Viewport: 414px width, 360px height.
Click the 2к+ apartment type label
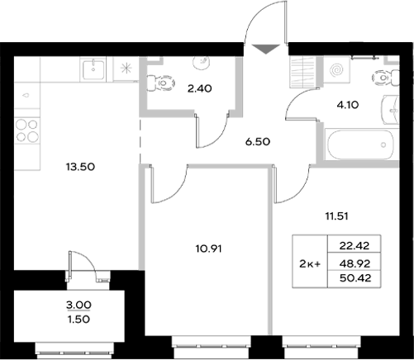coord(311,263)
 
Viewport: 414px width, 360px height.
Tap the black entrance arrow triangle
coord(264,49)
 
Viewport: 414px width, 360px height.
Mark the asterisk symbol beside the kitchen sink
coord(126,69)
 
